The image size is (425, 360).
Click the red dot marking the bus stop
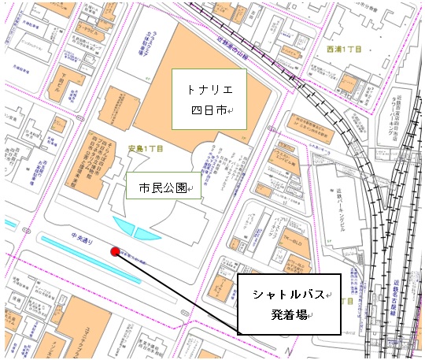click(115, 252)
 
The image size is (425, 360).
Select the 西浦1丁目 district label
click(343, 50)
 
